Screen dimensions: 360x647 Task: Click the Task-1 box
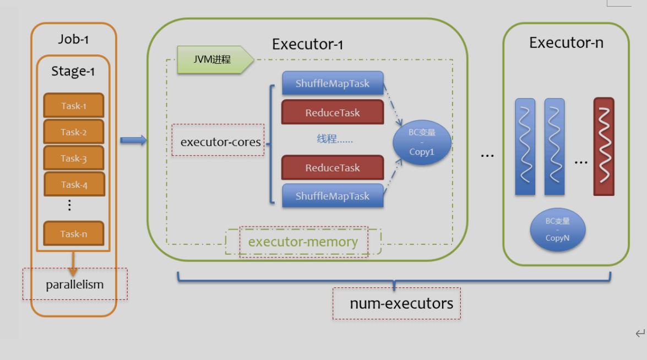tap(73, 106)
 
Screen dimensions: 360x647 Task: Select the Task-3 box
tap(73, 158)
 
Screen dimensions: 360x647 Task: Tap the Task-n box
tap(73, 233)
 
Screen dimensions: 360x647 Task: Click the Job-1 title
tap(73, 39)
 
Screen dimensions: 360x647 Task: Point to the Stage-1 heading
tap(73, 71)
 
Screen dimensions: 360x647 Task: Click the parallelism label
tap(75, 285)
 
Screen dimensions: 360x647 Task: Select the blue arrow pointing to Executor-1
tap(133, 140)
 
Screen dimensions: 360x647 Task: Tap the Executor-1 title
tap(307, 45)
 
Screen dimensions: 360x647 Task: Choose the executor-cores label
tap(220, 141)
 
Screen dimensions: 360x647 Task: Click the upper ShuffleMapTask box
tap(333, 84)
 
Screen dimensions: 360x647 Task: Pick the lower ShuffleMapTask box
tap(333, 196)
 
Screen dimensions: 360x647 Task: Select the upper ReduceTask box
tap(333, 112)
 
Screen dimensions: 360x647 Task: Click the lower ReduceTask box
tap(333, 168)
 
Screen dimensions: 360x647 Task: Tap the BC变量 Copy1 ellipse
tap(422, 143)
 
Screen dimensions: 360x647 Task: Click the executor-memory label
tap(303, 242)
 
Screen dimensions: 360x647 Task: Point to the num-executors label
tap(401, 303)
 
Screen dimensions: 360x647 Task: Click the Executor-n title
tap(566, 42)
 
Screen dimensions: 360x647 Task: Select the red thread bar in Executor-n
tap(603, 146)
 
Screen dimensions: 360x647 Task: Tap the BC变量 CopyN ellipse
tap(557, 230)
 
